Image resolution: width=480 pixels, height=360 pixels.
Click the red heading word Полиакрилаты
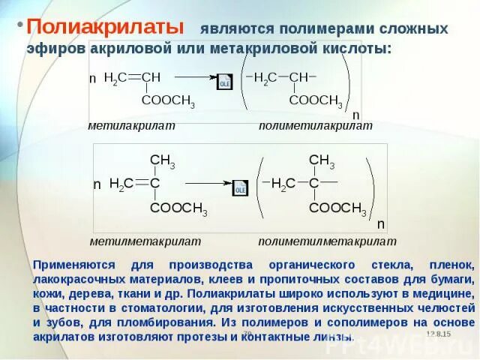[x=106, y=27]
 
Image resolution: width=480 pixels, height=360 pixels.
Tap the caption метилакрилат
[x=131, y=125]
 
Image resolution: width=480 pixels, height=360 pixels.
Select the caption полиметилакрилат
[x=315, y=125]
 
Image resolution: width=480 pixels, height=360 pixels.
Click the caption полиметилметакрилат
[x=327, y=241]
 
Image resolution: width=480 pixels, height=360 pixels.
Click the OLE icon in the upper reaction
[x=224, y=82]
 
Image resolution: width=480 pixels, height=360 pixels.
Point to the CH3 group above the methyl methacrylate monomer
[x=162, y=160]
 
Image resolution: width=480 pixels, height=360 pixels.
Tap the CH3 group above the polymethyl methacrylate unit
[x=322, y=160]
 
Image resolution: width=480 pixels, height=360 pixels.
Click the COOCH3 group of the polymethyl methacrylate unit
[x=337, y=208]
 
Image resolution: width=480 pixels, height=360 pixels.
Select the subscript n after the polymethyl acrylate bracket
[x=356, y=115]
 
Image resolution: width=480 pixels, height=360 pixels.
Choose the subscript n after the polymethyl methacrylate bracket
[x=381, y=223]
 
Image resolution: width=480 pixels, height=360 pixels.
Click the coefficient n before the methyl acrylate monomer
[x=93, y=79]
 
